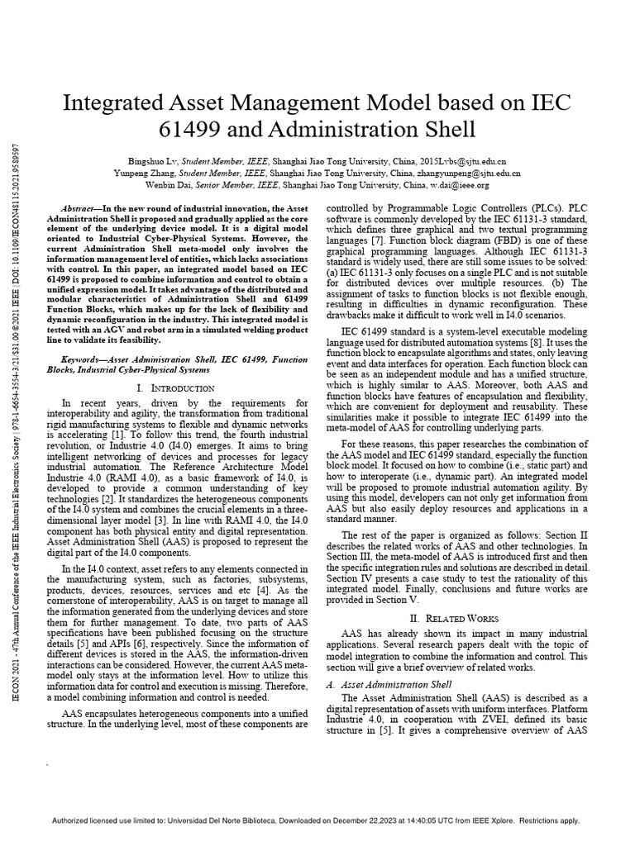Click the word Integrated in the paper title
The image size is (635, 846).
(x=112, y=103)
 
